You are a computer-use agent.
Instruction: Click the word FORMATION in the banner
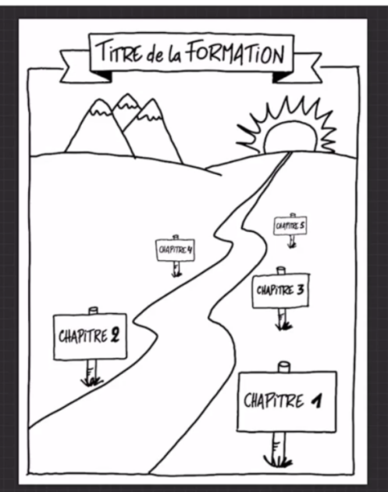(236, 55)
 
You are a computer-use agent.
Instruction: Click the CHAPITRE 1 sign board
(287, 401)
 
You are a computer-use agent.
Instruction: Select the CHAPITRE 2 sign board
(90, 337)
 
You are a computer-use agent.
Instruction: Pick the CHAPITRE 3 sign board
(281, 291)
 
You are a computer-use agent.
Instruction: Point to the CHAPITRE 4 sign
(175, 250)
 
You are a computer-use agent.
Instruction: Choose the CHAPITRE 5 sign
(290, 226)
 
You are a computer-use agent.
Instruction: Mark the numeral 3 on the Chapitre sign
(300, 289)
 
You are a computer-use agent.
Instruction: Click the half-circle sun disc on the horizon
(290, 137)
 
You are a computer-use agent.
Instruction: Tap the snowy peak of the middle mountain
(127, 100)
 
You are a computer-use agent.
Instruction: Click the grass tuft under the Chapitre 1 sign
(278, 462)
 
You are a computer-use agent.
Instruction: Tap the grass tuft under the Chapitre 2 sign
(91, 382)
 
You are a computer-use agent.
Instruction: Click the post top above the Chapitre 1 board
(284, 366)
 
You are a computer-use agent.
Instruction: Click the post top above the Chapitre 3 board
(281, 271)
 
